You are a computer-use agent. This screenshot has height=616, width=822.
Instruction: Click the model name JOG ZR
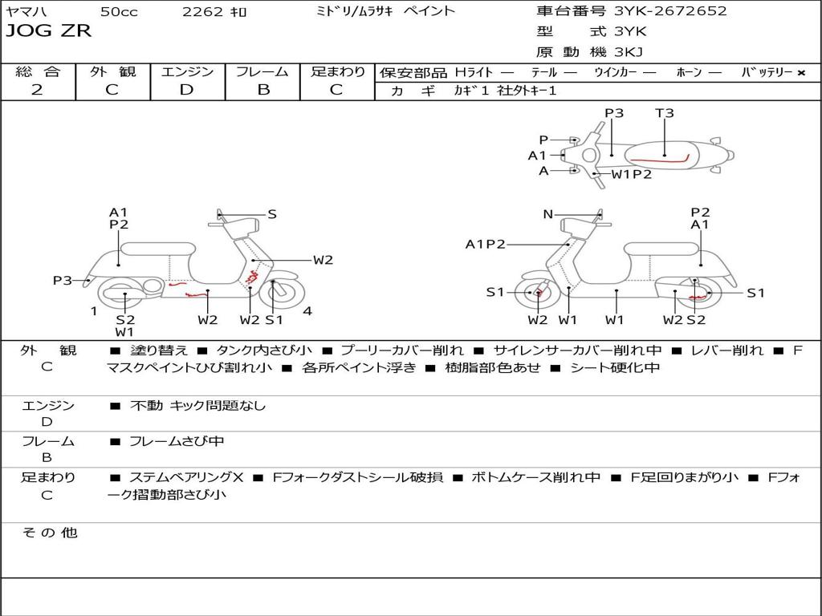point(49,31)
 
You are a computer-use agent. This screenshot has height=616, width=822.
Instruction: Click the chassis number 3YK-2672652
point(670,11)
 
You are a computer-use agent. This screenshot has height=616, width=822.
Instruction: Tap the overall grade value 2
point(37,90)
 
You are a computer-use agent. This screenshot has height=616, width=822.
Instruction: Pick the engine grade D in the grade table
point(187,90)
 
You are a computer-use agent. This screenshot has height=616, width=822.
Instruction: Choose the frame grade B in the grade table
point(262,90)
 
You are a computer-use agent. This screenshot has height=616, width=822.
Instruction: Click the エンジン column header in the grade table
point(187,71)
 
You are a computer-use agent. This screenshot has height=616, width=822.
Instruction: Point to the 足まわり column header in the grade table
point(338,71)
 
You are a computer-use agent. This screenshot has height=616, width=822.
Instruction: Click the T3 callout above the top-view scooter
point(665,113)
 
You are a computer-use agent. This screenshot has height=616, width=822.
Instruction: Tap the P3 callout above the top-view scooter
point(614,113)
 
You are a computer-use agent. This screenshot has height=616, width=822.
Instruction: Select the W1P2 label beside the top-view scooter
point(632,174)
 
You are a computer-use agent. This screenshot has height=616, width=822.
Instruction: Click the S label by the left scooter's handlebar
point(272,214)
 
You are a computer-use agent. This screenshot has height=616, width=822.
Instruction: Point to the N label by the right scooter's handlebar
point(548,214)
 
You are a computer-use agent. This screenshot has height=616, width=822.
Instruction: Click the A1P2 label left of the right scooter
point(486,245)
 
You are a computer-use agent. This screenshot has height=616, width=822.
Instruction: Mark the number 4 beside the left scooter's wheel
point(308,311)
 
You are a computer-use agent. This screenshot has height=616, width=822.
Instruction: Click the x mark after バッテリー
point(801,72)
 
